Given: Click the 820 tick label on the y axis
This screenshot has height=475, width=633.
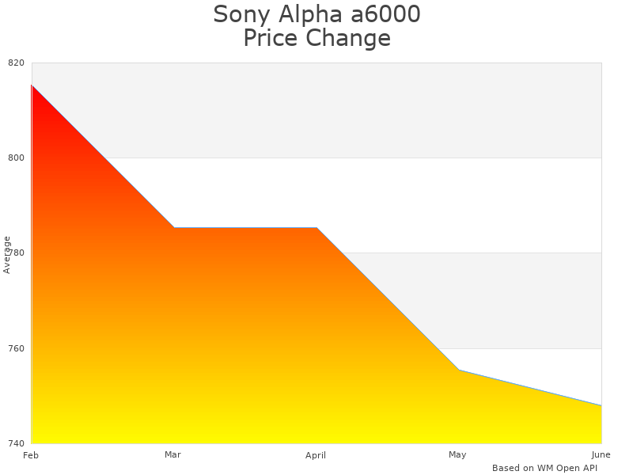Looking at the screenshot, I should coord(17,63).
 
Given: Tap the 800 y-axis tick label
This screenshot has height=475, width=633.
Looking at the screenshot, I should coord(17,158).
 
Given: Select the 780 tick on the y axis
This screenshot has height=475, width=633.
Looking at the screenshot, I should coord(17,253).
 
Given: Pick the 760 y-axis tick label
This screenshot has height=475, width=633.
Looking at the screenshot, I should coord(17,348).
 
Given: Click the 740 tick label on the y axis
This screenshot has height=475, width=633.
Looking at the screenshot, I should coord(17,443).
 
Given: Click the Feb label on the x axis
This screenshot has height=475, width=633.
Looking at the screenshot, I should coord(31,455).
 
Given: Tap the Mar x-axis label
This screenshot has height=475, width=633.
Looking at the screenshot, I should coord(172,454).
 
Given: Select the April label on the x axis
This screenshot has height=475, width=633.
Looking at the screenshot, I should coord(316,455).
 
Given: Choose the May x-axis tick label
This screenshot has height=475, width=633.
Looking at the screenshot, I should coord(457,454).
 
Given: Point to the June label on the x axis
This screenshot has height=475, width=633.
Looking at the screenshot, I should coord(601,454).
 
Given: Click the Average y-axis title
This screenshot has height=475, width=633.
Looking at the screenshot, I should coord(7,254).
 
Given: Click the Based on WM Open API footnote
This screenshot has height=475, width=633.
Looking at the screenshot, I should coord(544,468).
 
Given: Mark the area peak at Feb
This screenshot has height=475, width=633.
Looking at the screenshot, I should coord(32,85).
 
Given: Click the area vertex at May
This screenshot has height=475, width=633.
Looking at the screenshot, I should coord(459,370).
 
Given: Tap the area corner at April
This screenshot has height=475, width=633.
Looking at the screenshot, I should coord(316,227).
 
